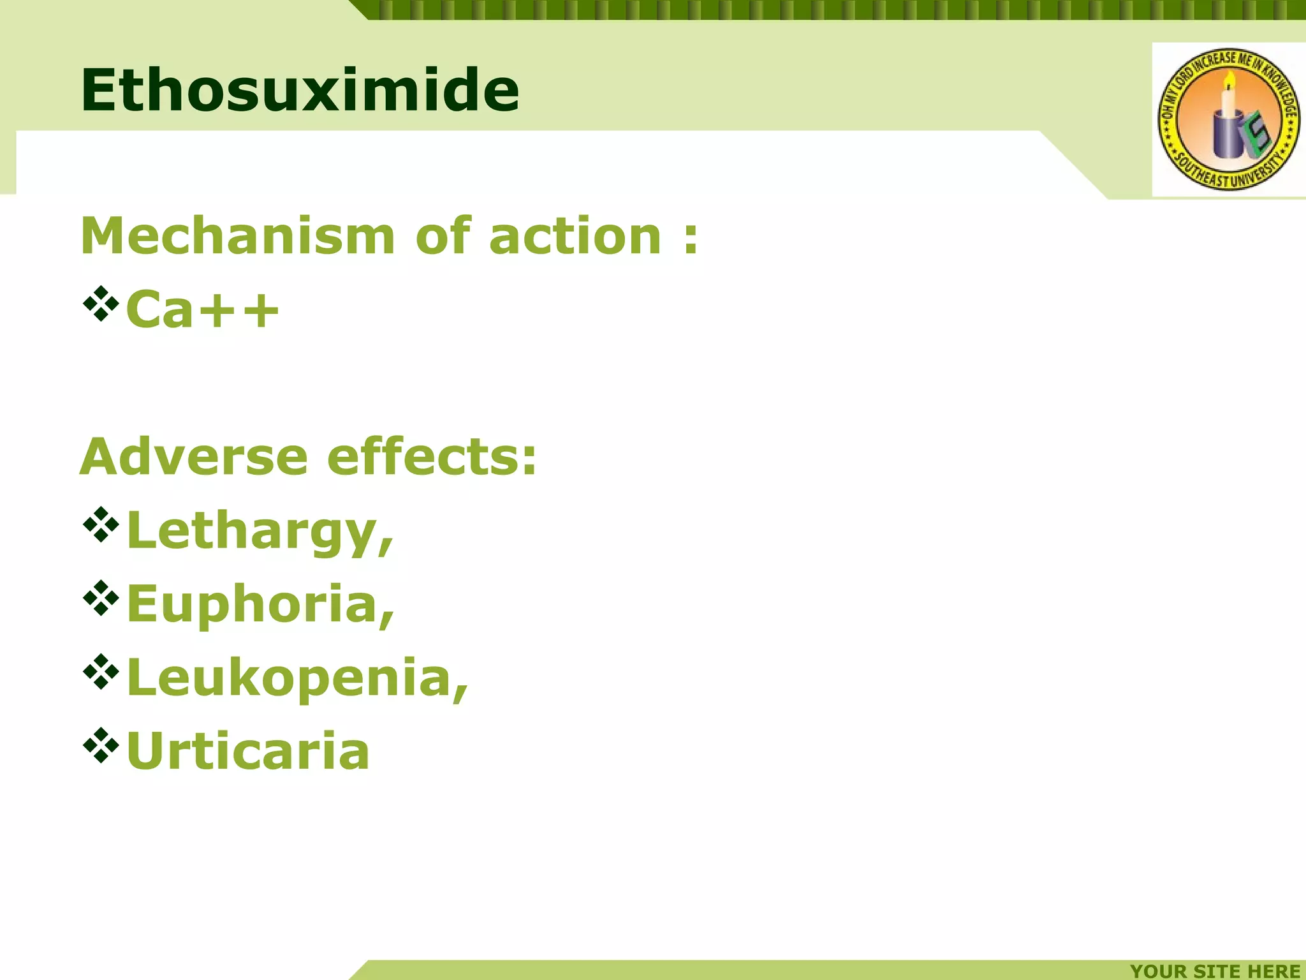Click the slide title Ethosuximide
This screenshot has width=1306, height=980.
point(300,90)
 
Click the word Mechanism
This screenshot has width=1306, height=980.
point(238,236)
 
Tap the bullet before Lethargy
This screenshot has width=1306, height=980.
point(101,524)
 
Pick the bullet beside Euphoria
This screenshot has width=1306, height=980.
point(101,598)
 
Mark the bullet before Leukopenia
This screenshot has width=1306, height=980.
point(101,671)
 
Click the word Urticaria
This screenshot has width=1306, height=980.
point(248,751)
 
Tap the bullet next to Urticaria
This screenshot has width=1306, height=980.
point(101,745)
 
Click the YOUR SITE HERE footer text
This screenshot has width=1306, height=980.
point(1215,970)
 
